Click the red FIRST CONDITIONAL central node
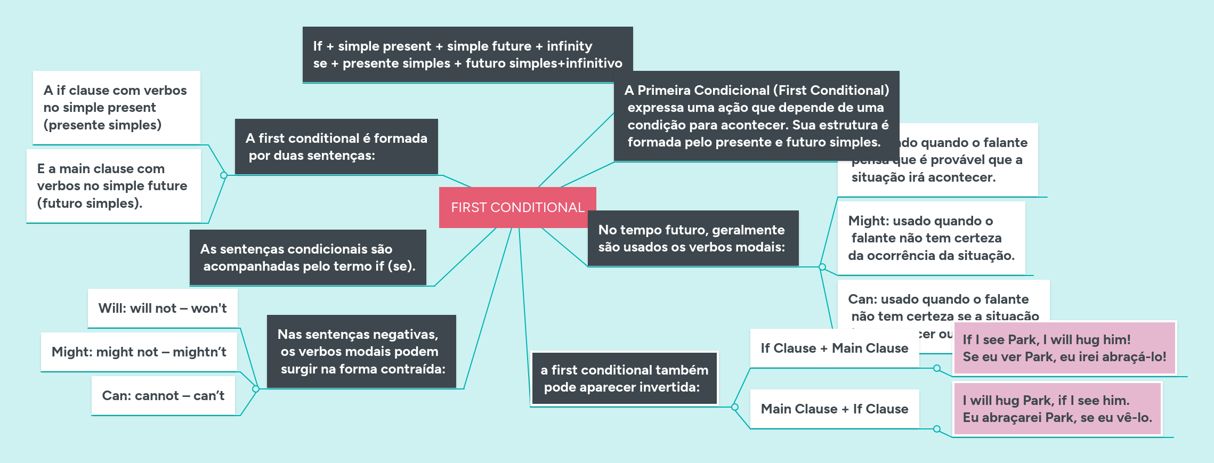[517, 207]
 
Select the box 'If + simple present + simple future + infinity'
[467, 54]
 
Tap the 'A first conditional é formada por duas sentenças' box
[336, 147]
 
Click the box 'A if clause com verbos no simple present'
[116, 108]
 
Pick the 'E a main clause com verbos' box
[114, 185]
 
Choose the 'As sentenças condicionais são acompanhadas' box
[307, 257]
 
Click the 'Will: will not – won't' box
[163, 308]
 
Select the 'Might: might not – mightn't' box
[139, 352]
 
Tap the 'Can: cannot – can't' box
[163, 395]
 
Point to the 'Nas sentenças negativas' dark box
[361, 351]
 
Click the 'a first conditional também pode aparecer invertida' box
[624, 378]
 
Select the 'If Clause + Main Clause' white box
[834, 348]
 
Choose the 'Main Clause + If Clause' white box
[834, 409]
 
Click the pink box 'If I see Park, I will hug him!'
[1064, 348]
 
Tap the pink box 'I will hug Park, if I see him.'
[1057, 409]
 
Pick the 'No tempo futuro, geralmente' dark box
[692, 238]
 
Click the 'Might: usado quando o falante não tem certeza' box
[931, 238]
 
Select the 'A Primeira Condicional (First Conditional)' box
[757, 116]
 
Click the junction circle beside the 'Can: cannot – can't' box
[256, 389]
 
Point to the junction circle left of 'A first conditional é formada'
[224, 175]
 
